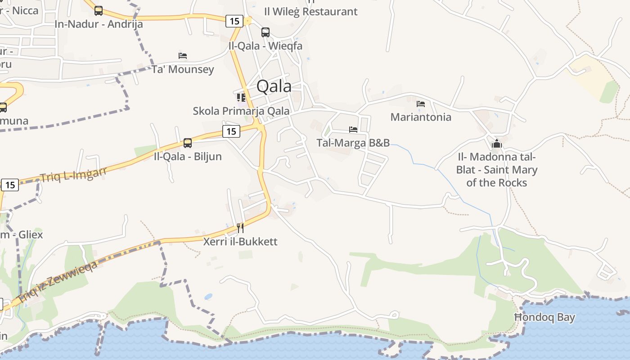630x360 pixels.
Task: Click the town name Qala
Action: pos(274,86)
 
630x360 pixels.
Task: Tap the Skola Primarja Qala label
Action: pos(241,111)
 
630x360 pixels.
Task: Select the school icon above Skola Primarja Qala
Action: pos(241,97)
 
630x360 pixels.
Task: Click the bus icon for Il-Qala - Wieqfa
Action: pos(265,32)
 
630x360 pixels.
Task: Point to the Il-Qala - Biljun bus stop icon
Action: pos(188,143)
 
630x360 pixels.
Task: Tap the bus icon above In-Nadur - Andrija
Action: pos(99,11)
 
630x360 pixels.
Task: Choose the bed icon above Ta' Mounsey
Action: pos(183,56)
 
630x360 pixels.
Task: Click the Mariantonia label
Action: pos(421,117)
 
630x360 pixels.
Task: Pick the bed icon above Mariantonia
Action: pos(421,103)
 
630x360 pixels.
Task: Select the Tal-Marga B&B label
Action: pos(353,143)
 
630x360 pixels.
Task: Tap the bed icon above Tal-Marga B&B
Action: pos(353,130)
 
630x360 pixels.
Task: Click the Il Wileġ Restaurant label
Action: pos(310,12)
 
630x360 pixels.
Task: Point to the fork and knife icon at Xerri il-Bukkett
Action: pos(240,228)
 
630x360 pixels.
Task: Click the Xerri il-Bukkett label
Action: pos(240,242)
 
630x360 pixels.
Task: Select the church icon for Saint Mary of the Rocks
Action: pos(497,144)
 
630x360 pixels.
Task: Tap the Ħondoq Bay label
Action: pos(544,317)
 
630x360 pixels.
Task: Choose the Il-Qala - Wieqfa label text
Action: pos(265,46)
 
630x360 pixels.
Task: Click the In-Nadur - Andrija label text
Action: pos(99,24)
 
